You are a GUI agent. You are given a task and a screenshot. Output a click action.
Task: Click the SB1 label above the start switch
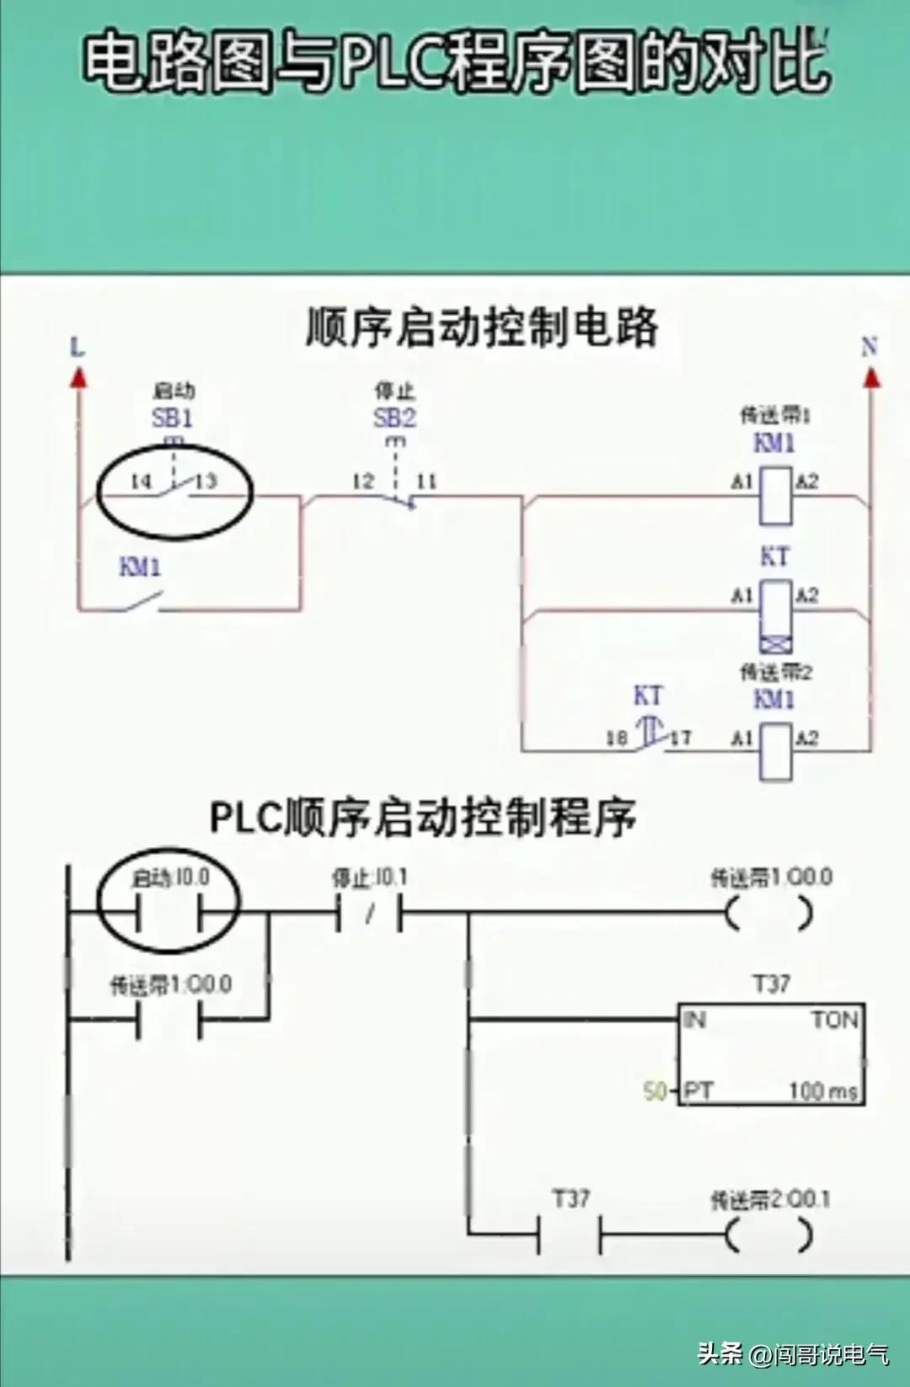coord(172,417)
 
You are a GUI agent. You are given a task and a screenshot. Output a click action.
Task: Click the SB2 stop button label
coord(394,417)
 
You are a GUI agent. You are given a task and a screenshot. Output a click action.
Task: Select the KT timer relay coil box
coord(775,605)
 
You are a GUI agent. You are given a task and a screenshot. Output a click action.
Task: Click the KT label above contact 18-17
coord(647,696)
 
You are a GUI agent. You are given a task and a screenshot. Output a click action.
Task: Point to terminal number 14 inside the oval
coord(141,481)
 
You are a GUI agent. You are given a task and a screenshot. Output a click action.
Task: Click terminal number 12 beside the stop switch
coord(363,482)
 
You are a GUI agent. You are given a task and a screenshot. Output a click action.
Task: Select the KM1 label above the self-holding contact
coord(140,567)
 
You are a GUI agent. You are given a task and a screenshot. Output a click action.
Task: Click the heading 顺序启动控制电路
coord(481,327)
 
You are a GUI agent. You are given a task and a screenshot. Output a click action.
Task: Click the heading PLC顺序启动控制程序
coord(423,817)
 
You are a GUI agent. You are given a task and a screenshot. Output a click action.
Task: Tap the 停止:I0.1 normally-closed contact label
coord(369,878)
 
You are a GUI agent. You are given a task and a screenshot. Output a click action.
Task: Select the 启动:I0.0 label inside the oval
coord(171,878)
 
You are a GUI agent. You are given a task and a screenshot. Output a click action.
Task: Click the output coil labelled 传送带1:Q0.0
coord(769,914)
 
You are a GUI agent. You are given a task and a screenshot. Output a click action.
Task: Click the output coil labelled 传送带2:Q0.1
coord(769,1235)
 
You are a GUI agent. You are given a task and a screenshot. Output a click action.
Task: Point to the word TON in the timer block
coord(834,1021)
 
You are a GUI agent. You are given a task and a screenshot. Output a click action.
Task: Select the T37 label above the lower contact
coord(570,1198)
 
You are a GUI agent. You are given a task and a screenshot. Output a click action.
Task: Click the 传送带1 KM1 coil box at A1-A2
coord(775,496)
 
